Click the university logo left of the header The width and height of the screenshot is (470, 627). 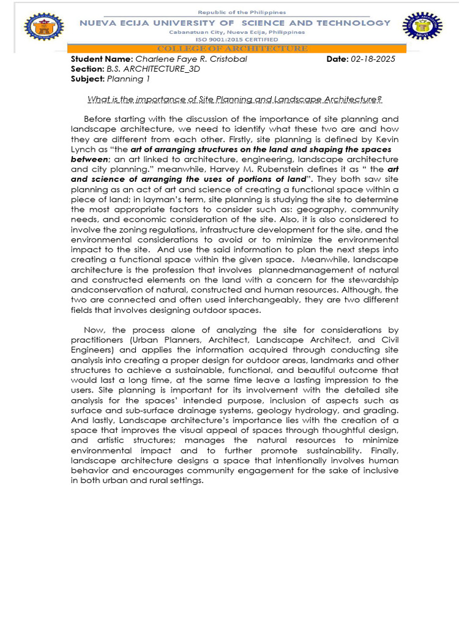click(x=43, y=28)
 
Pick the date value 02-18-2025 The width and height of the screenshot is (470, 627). click(x=373, y=59)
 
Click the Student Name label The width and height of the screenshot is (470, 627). click(x=102, y=59)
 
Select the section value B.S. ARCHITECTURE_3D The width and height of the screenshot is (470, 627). click(x=154, y=69)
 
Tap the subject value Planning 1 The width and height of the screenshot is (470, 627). click(x=129, y=79)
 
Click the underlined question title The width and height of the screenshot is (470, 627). click(x=234, y=99)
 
